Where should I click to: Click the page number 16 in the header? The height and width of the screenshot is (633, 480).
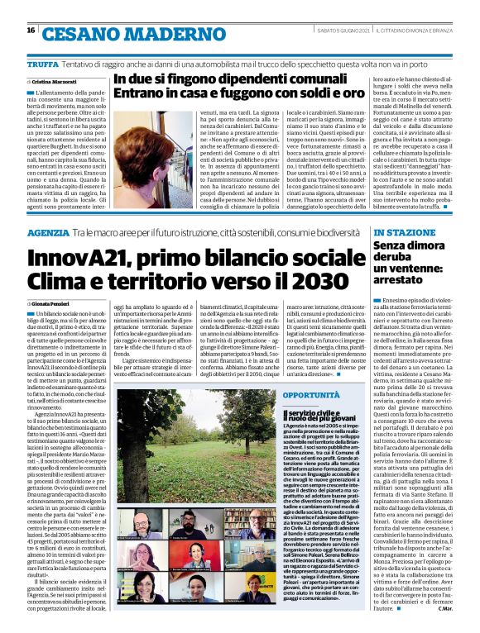tap(31, 30)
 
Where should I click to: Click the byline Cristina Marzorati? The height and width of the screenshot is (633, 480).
tap(52, 83)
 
